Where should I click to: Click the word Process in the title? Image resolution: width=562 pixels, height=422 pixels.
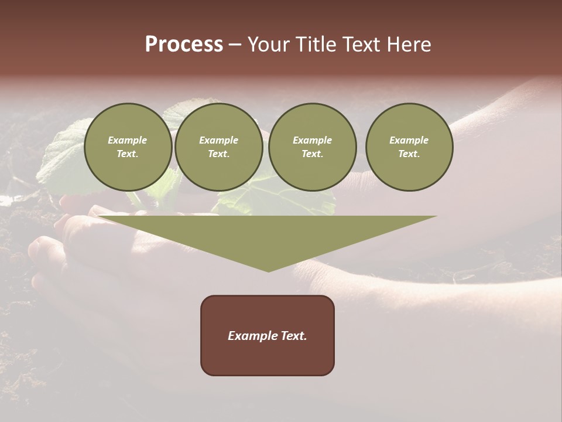[x=184, y=45]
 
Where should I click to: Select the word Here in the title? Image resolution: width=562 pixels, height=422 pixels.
[x=409, y=45]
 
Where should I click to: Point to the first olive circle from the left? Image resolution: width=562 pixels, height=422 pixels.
[x=128, y=147]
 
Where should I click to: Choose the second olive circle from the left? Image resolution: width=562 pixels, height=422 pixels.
[x=218, y=147]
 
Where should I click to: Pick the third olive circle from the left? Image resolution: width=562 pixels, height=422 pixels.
[x=312, y=147]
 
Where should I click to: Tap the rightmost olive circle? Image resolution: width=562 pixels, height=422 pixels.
[x=409, y=147]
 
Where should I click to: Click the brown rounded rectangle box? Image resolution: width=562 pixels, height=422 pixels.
[x=268, y=335]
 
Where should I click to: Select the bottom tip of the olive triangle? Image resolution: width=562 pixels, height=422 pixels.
[x=268, y=271]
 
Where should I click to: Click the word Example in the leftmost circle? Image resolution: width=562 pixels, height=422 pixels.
[x=128, y=140]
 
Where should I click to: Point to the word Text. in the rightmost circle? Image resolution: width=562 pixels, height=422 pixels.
[x=409, y=154]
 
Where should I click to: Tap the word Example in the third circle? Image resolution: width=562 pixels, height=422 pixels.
[x=312, y=140]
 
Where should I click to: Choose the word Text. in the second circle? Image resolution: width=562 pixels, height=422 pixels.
[x=218, y=154]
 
